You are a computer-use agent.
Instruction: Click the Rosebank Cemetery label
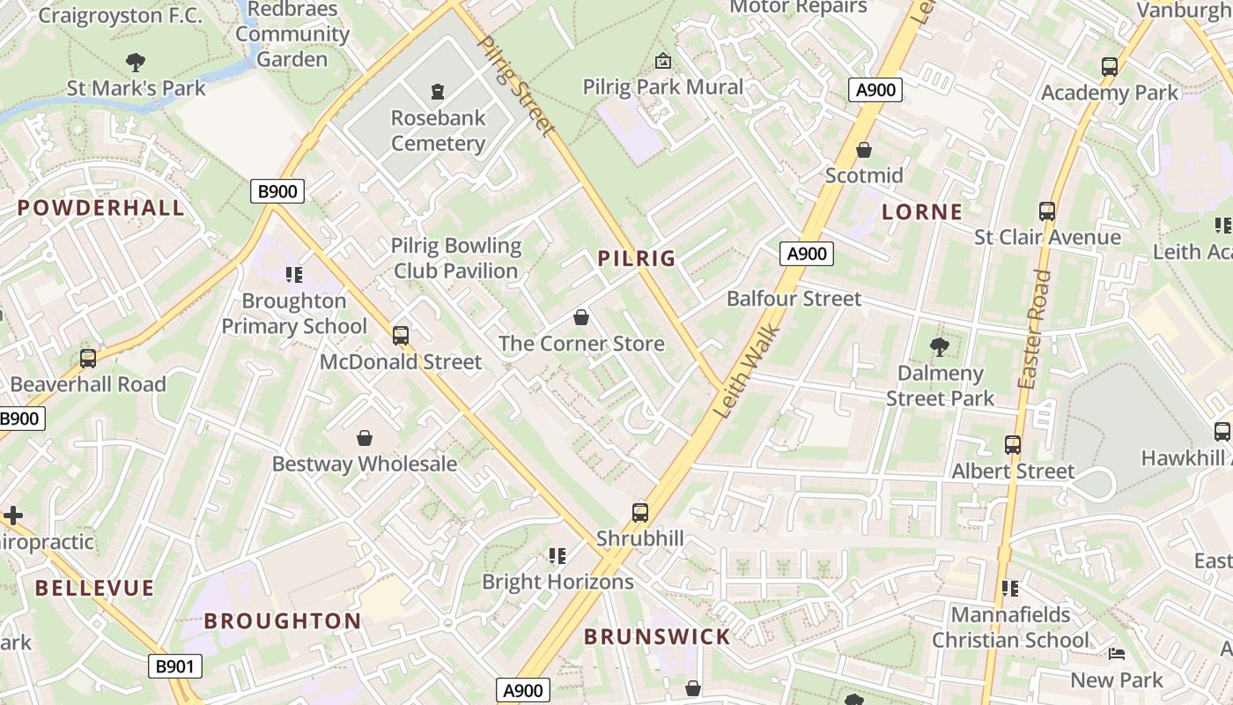click(x=438, y=130)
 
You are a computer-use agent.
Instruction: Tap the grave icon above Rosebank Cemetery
click(x=438, y=91)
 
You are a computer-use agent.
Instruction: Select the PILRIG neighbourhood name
click(x=637, y=258)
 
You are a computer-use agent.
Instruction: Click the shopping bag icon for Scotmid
click(x=864, y=150)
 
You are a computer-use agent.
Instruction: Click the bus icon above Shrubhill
click(x=640, y=512)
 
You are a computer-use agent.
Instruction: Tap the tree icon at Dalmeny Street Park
click(x=940, y=347)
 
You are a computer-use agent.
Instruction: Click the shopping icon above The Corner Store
click(x=581, y=317)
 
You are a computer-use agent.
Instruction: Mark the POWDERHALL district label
click(x=101, y=208)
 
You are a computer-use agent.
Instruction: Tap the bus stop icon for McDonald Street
click(x=401, y=336)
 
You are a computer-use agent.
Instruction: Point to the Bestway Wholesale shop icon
click(x=365, y=438)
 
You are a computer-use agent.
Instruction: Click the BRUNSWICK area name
click(x=657, y=636)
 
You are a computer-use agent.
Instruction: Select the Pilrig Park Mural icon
click(x=663, y=61)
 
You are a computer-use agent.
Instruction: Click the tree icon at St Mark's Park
click(x=136, y=63)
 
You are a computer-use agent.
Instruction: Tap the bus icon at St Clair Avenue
click(x=1047, y=211)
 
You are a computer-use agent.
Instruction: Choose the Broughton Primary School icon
click(x=294, y=275)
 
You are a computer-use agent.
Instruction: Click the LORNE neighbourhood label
click(x=922, y=211)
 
